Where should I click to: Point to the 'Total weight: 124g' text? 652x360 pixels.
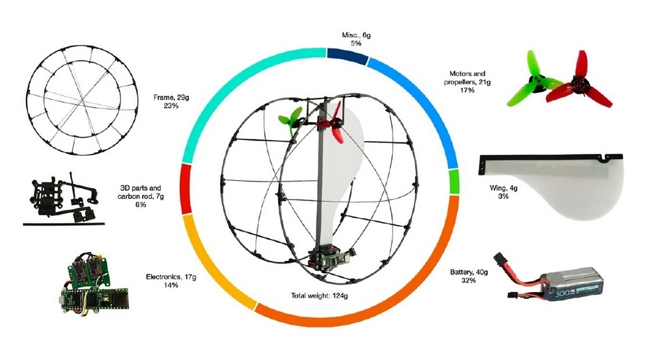coord(327,296)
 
